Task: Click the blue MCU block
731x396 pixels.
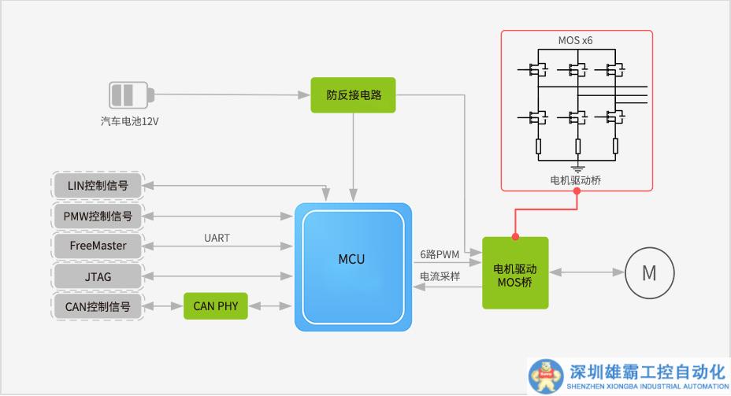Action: (352, 266)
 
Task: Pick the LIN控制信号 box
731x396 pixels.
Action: (98, 186)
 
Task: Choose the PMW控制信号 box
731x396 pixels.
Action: (98, 216)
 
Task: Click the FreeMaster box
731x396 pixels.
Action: (98, 246)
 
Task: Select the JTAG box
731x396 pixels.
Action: (98, 276)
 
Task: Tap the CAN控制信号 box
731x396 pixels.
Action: (98, 305)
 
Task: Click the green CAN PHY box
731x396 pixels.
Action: (215, 305)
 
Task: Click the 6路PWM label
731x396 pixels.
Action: (439, 254)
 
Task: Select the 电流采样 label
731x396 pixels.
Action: (439, 277)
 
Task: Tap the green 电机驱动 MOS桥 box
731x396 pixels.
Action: (514, 272)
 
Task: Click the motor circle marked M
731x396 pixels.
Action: (649, 273)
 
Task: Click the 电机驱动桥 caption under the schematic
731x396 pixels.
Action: (577, 180)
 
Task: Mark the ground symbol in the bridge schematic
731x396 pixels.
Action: (577, 167)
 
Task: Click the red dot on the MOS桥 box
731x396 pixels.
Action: (515, 236)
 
